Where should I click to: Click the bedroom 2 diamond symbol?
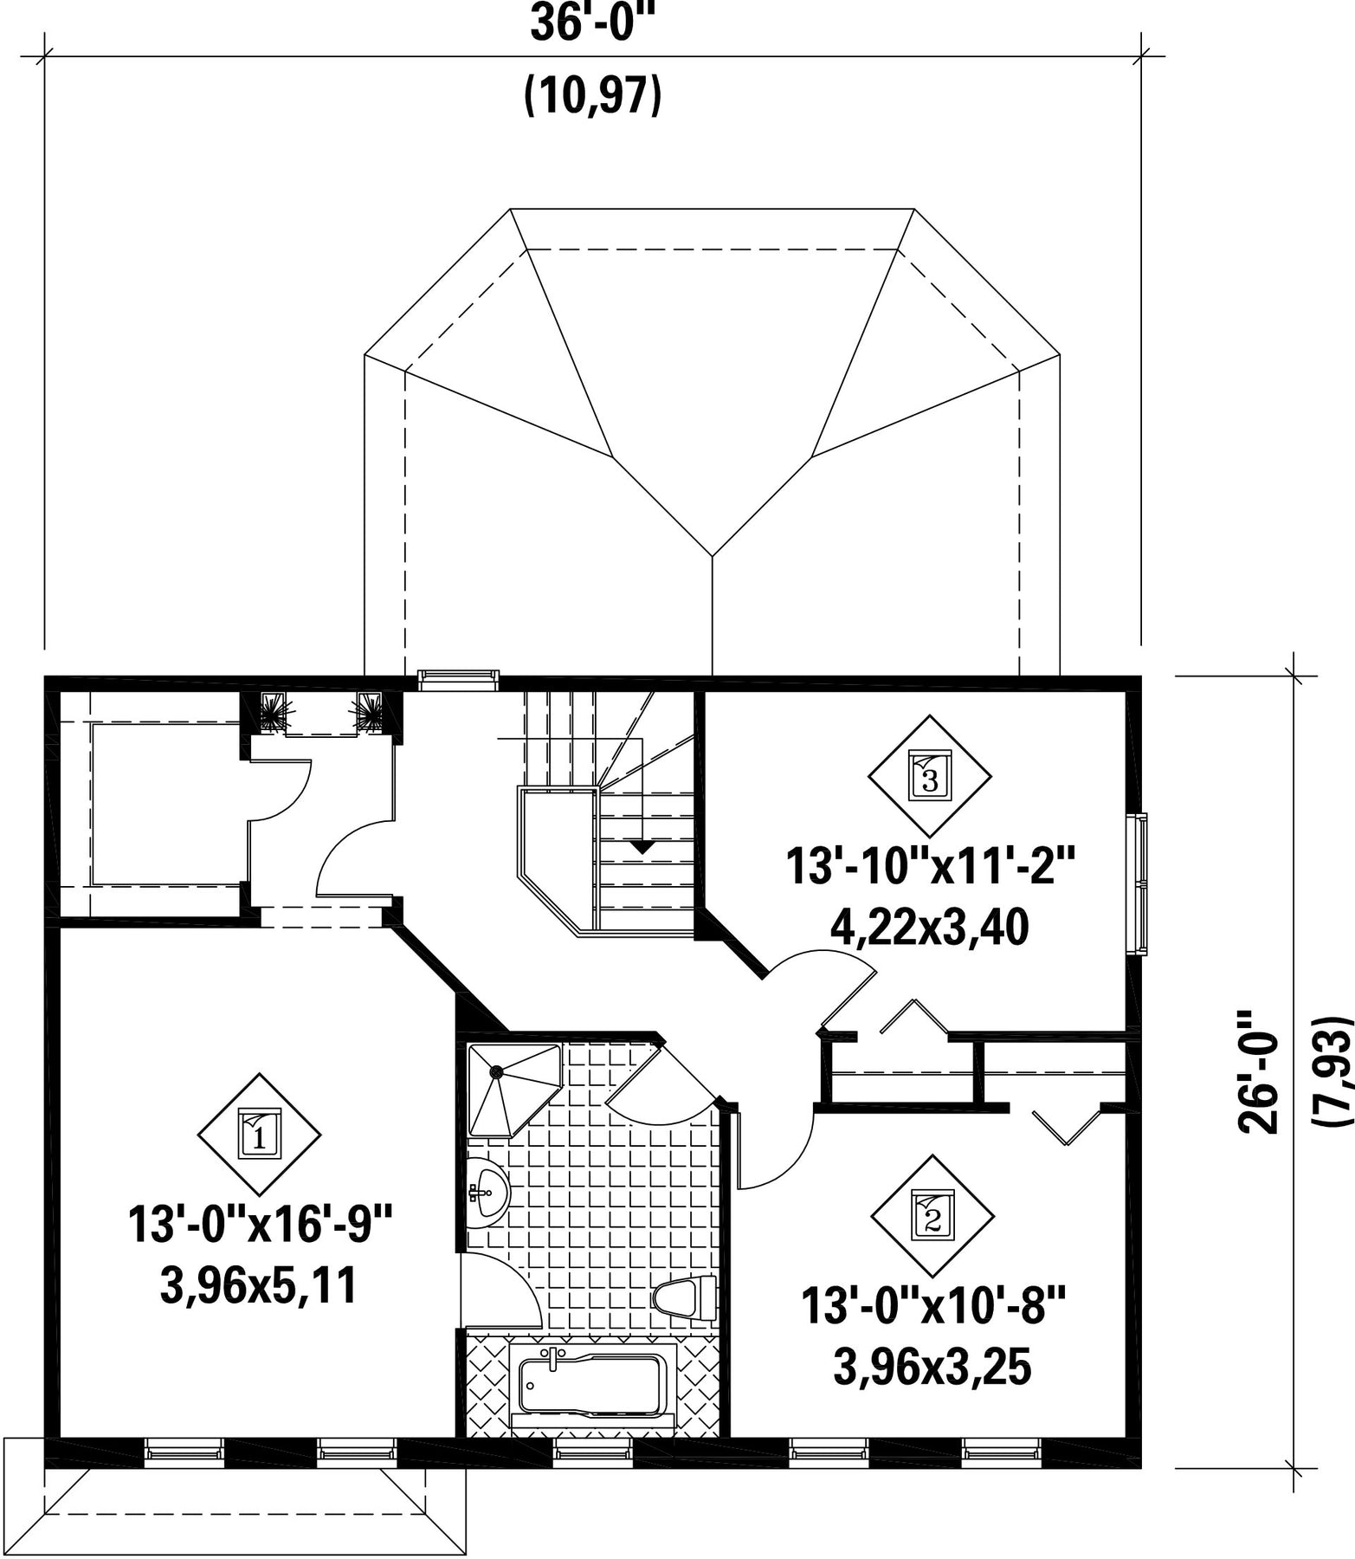(932, 1216)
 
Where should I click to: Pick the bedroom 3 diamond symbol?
(930, 776)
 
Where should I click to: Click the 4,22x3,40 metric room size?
(930, 928)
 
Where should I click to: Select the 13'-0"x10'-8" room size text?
(932, 1307)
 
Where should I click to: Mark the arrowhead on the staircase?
(641, 846)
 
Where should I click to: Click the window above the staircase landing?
(458, 679)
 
